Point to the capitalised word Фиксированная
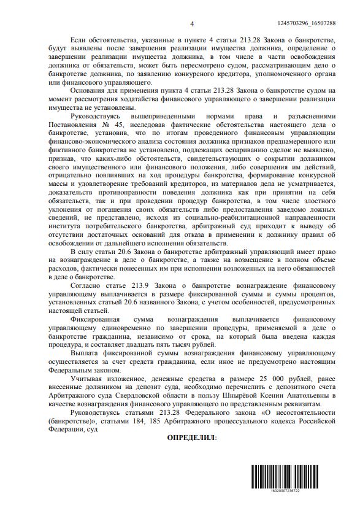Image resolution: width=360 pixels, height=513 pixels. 98,319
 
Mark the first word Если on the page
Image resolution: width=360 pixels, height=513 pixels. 80,40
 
